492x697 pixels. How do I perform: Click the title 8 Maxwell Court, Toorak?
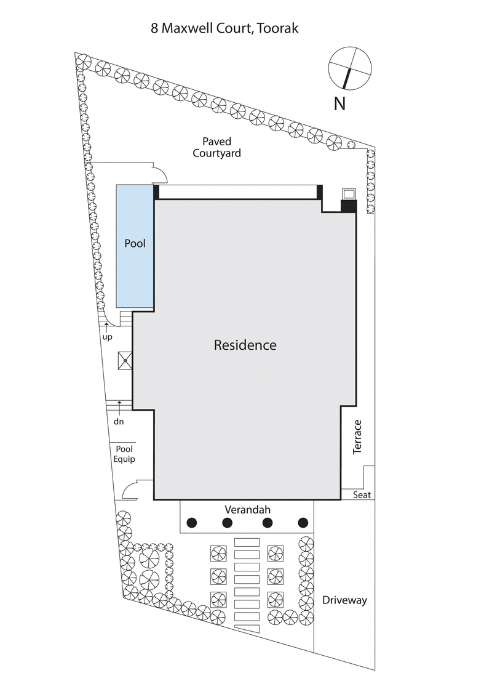coord(224,28)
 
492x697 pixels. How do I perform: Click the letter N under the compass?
coord(339,103)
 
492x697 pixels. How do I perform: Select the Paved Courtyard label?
coord(216,147)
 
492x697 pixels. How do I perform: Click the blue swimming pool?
coord(135,246)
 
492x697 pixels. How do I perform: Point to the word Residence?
coord(245,345)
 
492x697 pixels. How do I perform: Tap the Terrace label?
coord(357,437)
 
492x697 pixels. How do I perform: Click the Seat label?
coord(361,494)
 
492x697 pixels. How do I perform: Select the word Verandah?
coord(247,509)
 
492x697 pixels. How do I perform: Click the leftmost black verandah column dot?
coord(191,523)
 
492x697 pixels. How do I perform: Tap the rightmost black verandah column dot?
coord(303,523)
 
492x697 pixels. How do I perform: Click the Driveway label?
coord(344,600)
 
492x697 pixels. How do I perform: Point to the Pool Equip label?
coord(124,454)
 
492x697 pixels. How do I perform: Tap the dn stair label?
coord(119,422)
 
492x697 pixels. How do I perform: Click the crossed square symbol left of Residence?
coord(125,360)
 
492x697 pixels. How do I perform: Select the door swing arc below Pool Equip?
coord(130,490)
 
